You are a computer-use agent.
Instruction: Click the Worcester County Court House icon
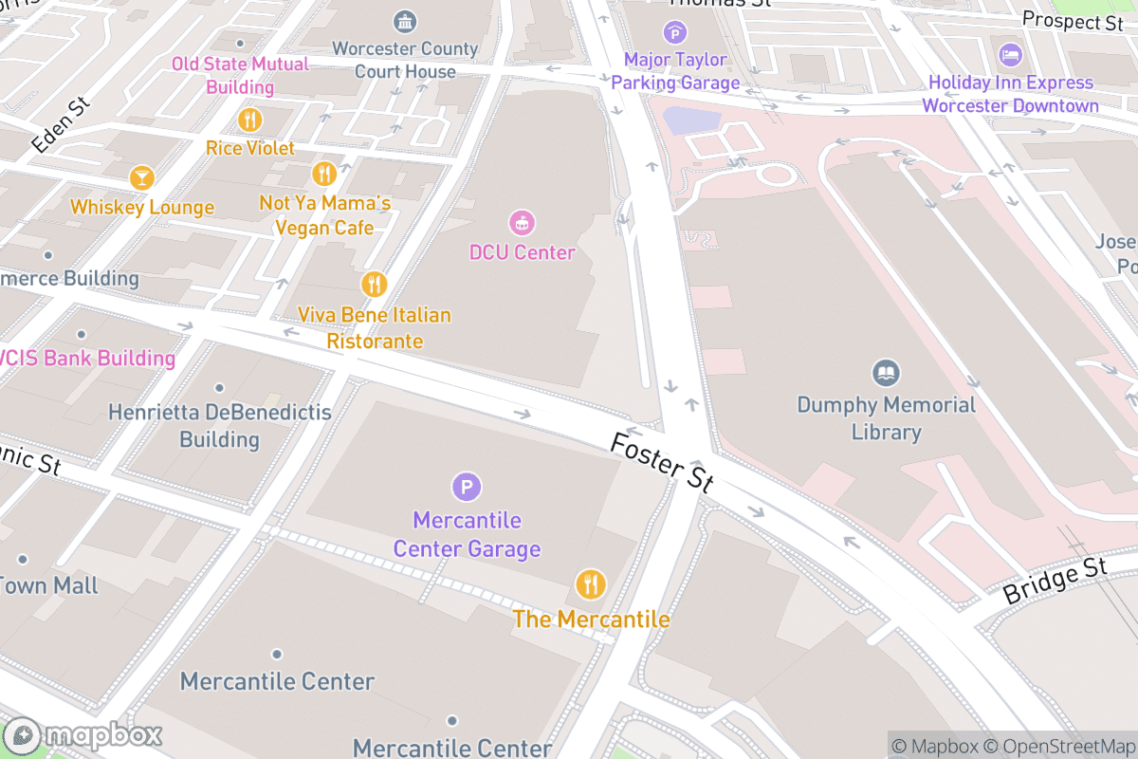point(405,21)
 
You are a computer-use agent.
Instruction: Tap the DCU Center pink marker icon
point(522,224)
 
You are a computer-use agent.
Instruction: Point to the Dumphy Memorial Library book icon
point(886,373)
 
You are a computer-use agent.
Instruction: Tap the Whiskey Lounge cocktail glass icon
point(142,177)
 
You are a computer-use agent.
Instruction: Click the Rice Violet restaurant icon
point(250,120)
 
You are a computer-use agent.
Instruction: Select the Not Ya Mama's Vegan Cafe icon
point(324,174)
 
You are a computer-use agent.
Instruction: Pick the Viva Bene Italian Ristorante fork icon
point(375,284)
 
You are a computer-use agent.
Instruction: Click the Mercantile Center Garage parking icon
point(466,488)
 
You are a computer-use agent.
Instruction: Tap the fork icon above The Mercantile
point(591,583)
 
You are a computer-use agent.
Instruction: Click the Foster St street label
point(662,462)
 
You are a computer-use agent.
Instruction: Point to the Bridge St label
point(1055,581)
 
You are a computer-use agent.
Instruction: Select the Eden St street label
point(59,124)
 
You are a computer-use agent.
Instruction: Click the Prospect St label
point(1073,20)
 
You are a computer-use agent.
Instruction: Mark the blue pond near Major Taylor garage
point(691,120)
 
